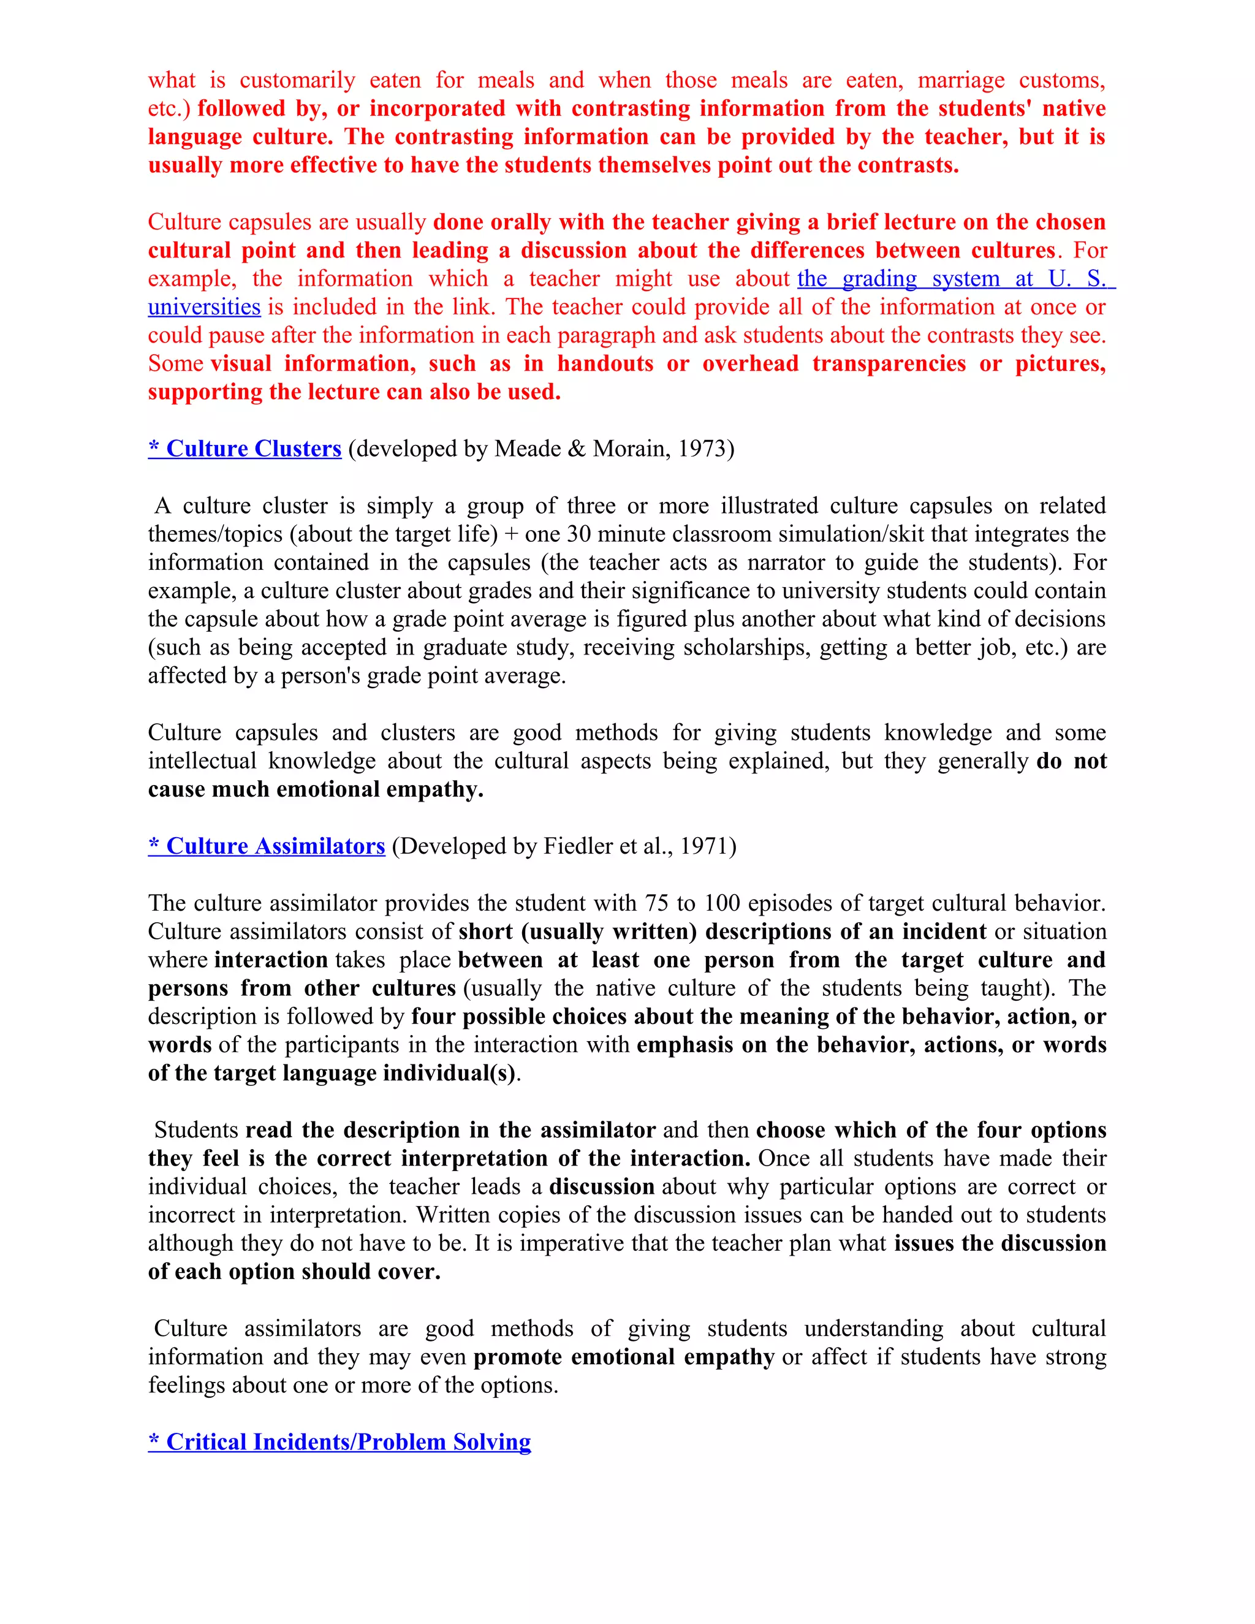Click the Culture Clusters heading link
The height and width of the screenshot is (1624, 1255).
click(245, 449)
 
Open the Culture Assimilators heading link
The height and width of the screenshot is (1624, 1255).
click(266, 846)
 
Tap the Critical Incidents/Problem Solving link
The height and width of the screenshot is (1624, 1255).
click(339, 1441)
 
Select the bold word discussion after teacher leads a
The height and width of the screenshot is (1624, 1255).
click(602, 1187)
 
